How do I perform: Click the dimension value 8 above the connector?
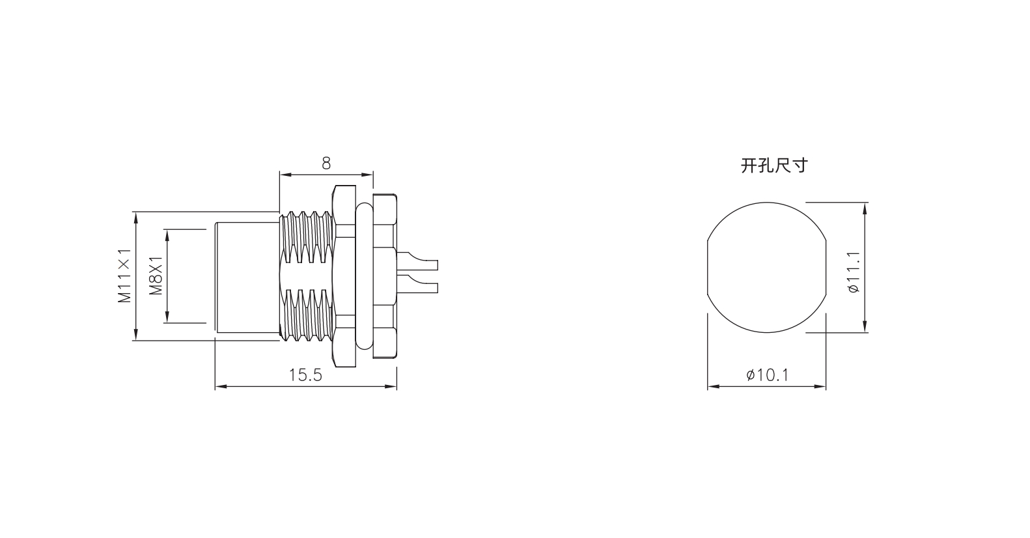pyautogui.click(x=326, y=163)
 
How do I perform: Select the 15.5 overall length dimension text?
pyautogui.click(x=305, y=375)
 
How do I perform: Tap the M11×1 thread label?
pyautogui.click(x=124, y=276)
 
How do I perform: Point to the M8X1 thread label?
pyautogui.click(x=156, y=276)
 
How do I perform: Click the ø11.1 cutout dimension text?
pyautogui.click(x=852, y=272)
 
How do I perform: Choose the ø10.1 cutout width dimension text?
pyautogui.click(x=768, y=375)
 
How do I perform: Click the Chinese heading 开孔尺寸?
pyautogui.click(x=774, y=165)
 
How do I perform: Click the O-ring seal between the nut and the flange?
pyautogui.click(x=364, y=276)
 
